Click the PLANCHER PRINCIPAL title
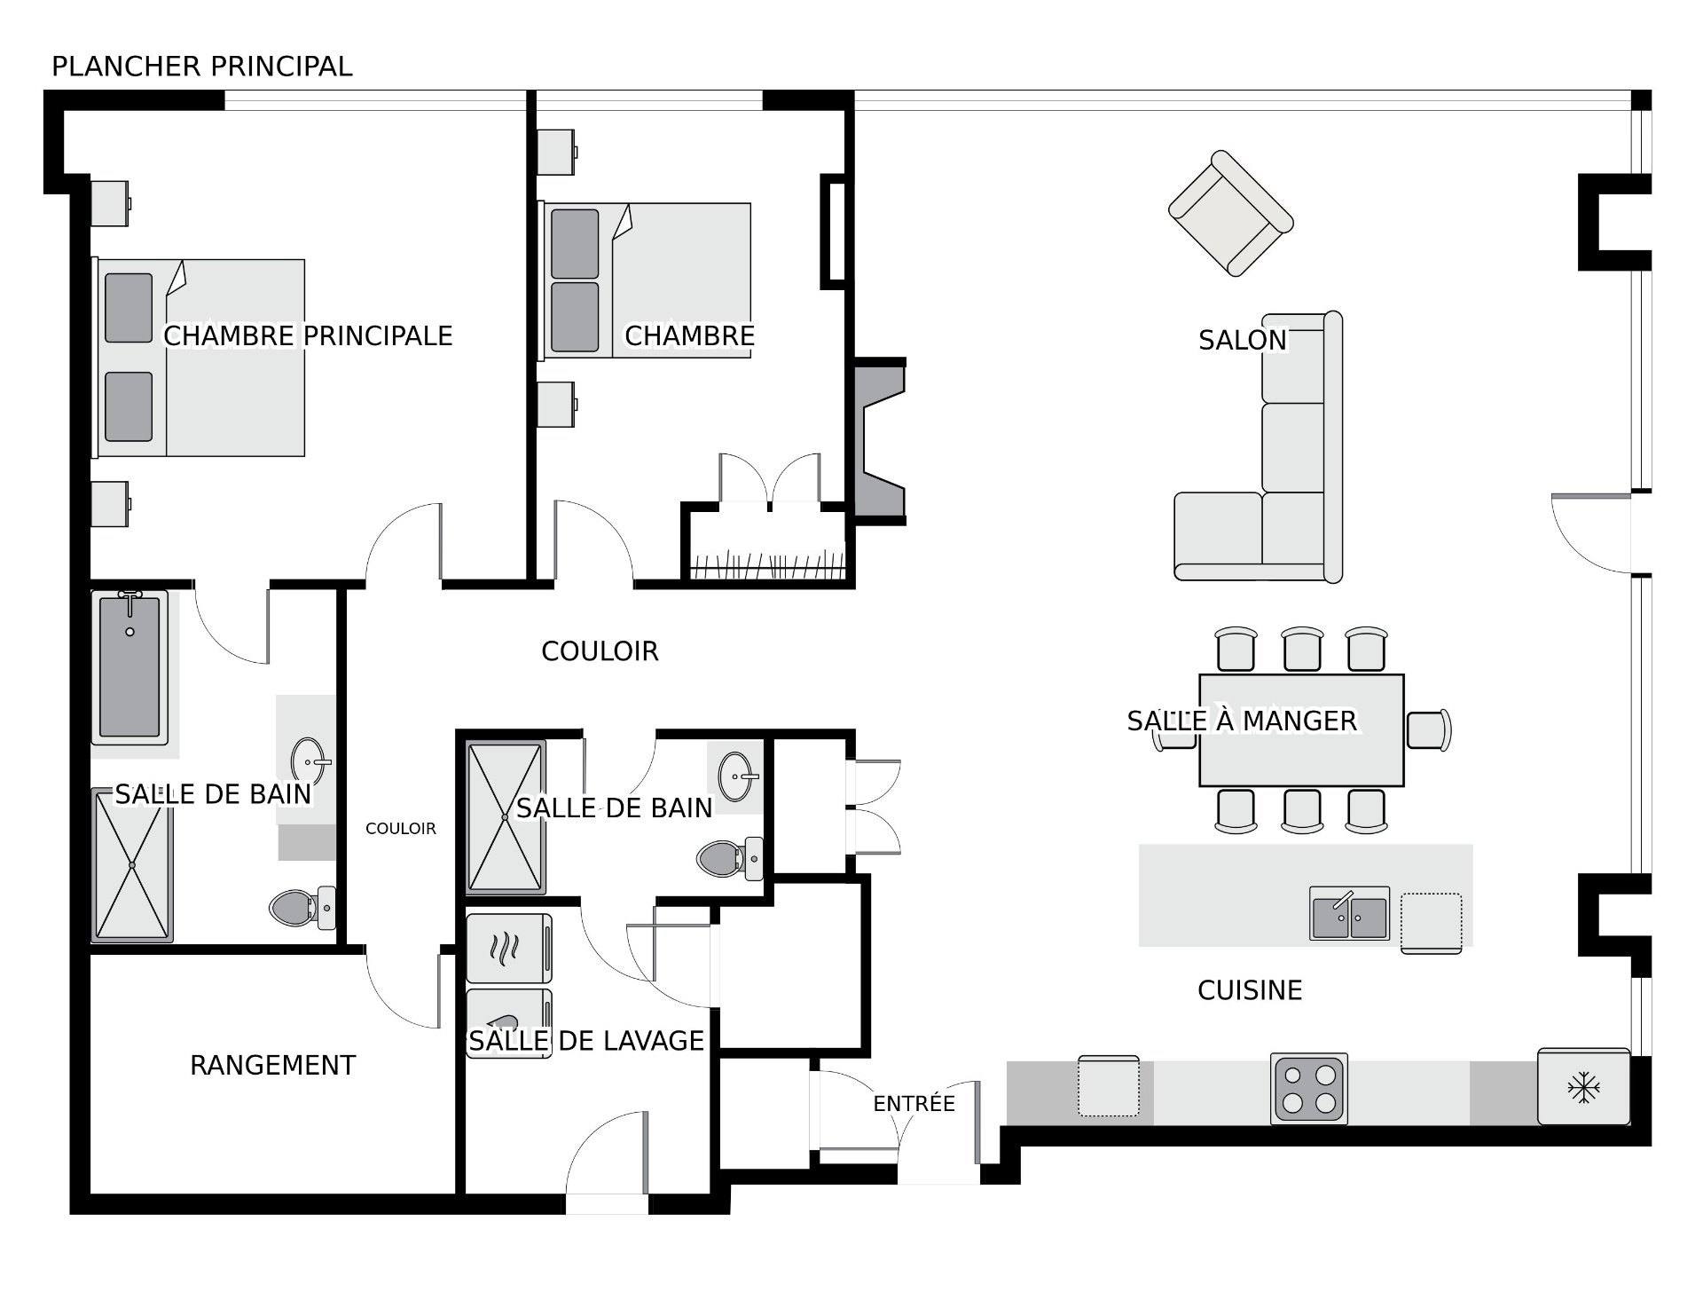point(202,67)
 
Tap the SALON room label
point(1242,340)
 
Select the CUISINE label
point(1250,990)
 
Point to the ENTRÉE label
point(914,1103)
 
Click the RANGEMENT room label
point(272,1065)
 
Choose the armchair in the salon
point(1230,213)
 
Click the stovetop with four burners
point(1309,1089)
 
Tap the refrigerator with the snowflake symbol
point(1583,1086)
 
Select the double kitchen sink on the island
point(1349,912)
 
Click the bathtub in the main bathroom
point(129,667)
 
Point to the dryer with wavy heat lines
point(509,949)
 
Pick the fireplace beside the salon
point(879,441)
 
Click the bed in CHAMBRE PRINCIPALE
point(200,358)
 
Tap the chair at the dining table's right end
point(1428,729)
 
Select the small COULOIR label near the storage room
point(401,829)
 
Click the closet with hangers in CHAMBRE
point(768,543)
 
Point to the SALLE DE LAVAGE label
point(586,1040)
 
